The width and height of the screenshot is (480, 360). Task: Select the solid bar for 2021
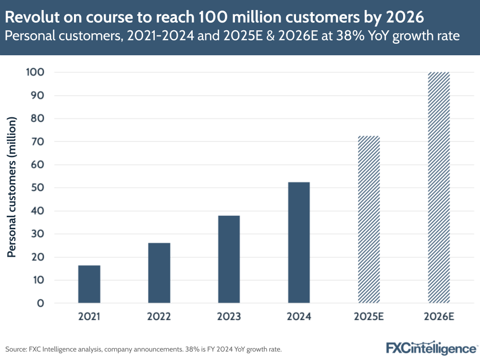[x=89, y=284]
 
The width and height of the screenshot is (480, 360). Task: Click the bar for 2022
[x=159, y=273]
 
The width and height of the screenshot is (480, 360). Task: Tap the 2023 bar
[x=229, y=260]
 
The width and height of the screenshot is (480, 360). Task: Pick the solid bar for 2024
[x=299, y=243]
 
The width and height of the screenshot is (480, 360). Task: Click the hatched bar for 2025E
[x=369, y=220]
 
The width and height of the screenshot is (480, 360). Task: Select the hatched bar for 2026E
[x=438, y=187]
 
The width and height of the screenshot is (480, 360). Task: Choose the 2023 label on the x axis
[x=229, y=317]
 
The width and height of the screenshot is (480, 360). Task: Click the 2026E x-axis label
[x=438, y=317]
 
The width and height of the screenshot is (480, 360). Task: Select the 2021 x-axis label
[x=89, y=317]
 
